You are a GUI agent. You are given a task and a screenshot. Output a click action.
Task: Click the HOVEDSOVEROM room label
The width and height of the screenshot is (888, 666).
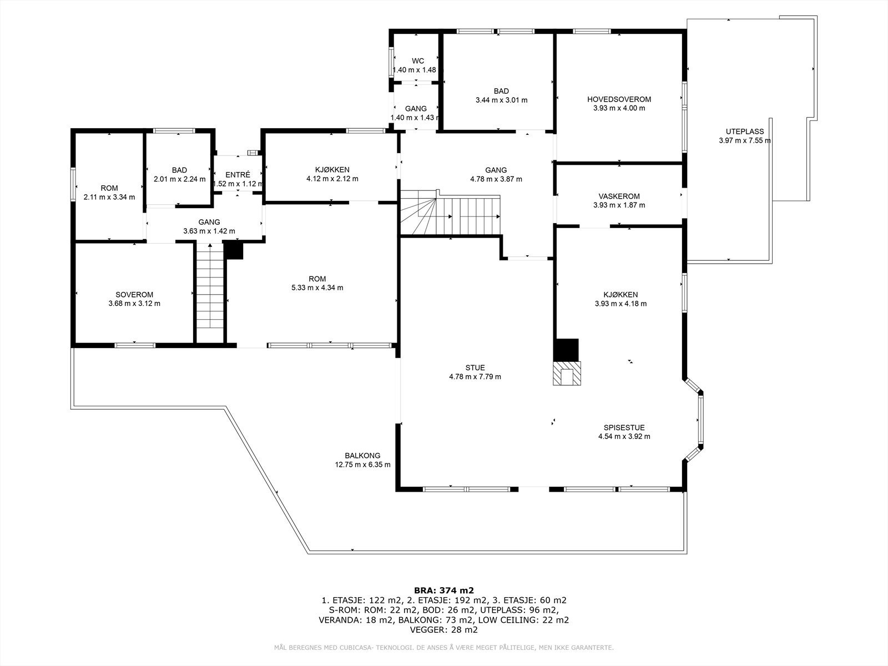tap(619, 99)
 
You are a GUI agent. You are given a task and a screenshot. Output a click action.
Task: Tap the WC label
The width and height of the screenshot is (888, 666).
tap(418, 61)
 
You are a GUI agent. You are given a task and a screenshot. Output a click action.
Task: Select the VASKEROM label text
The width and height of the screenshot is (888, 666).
tap(619, 196)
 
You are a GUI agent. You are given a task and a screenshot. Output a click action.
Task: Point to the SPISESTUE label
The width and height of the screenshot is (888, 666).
tap(624, 427)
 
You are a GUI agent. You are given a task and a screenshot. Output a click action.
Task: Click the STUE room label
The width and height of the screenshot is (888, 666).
tap(475, 367)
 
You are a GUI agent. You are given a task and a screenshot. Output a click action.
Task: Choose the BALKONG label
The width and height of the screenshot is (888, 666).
tap(362, 456)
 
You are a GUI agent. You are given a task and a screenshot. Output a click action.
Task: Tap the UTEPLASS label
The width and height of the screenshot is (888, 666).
tap(745, 132)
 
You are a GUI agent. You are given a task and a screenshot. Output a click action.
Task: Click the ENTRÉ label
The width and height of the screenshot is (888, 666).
tap(238, 175)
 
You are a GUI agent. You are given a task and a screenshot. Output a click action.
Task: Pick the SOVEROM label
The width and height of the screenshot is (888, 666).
tap(134, 295)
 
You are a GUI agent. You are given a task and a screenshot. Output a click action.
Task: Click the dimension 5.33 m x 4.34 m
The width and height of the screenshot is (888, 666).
tap(317, 288)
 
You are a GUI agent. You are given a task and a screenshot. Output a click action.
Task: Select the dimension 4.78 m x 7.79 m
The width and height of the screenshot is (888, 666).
tap(475, 377)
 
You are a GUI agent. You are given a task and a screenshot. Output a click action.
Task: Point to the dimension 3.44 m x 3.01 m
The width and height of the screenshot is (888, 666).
tap(501, 100)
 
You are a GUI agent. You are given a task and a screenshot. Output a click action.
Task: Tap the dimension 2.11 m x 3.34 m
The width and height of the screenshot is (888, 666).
tap(109, 198)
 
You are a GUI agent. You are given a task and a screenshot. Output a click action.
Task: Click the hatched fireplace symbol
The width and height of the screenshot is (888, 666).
tap(567, 373)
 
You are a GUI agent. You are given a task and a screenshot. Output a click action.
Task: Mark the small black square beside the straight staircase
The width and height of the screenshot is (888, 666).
tap(234, 250)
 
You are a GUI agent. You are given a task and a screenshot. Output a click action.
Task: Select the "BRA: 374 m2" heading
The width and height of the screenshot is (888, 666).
tap(444, 591)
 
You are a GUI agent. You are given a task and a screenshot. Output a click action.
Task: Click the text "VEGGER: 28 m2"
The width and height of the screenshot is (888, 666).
tap(444, 629)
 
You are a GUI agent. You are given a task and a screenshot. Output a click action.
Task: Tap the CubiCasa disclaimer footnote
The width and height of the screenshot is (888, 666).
tap(444, 648)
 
